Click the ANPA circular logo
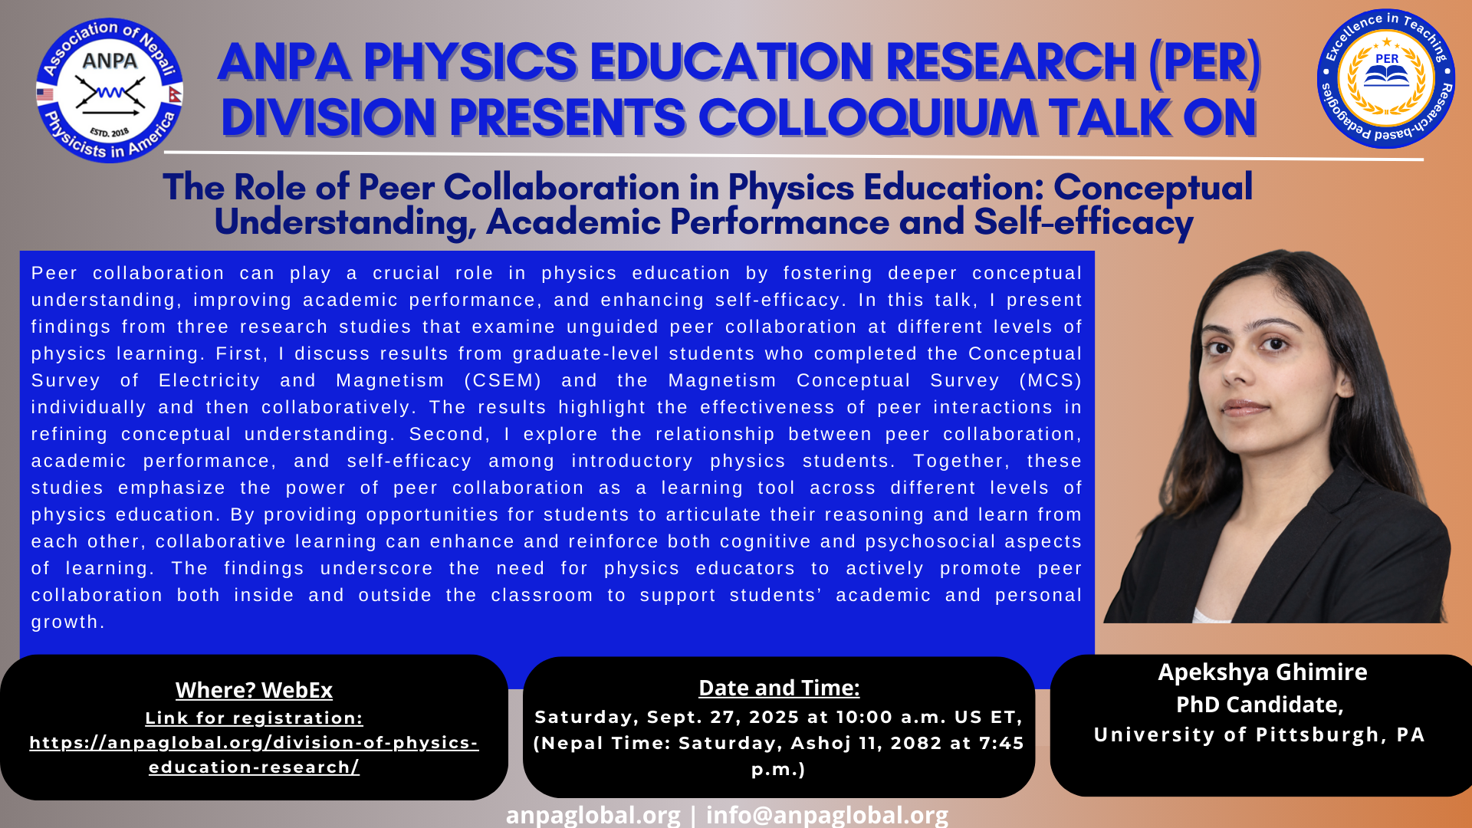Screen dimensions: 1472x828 coord(110,90)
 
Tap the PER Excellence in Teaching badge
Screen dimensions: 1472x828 coord(1386,79)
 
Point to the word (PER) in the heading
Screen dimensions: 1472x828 coord(1204,62)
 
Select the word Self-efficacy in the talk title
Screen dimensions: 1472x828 coord(1083,222)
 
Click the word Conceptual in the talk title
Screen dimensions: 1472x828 coord(1153,188)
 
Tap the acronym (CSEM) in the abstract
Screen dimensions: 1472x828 coord(503,380)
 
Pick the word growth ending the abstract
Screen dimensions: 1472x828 coord(67,623)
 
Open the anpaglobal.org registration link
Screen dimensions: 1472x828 coord(254,754)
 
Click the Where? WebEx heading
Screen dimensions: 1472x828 coord(254,690)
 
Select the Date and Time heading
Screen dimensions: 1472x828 coord(779,688)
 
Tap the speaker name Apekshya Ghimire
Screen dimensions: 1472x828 coord(1263,672)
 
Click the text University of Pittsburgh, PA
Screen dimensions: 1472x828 coord(1260,734)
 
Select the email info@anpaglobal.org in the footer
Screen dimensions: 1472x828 coord(827,814)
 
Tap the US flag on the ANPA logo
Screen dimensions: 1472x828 coord(45,94)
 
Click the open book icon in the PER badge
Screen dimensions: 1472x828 coord(1386,76)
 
